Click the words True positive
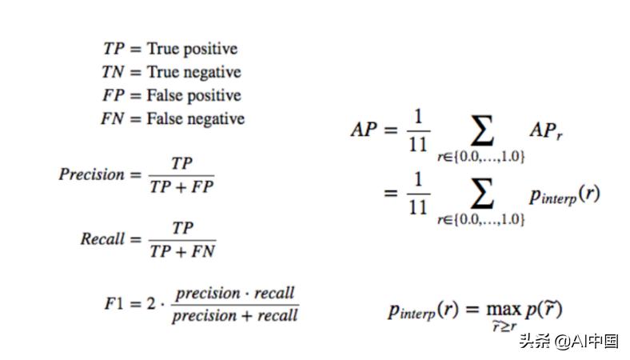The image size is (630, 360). click(192, 49)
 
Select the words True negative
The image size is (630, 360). click(193, 72)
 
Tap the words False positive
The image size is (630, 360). click(193, 95)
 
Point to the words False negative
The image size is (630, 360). click(195, 118)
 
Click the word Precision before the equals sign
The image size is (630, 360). click(91, 174)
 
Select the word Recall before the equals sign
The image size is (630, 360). click(102, 238)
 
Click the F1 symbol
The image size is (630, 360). click(114, 303)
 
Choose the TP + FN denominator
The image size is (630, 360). click(182, 251)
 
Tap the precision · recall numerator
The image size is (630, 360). click(235, 293)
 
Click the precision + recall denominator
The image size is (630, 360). click(235, 315)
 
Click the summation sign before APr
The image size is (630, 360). click(481, 127)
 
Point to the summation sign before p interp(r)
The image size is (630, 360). click(481, 192)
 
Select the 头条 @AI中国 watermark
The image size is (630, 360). click(568, 341)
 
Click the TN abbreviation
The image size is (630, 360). click(115, 72)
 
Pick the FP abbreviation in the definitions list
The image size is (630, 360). click(115, 95)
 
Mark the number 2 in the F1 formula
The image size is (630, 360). click(148, 303)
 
